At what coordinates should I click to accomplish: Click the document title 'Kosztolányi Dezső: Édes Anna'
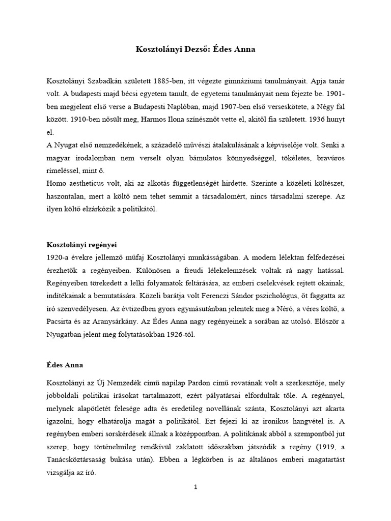[195, 50]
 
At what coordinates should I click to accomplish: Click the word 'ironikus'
[269, 434]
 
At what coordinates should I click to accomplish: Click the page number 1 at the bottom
[195, 487]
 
